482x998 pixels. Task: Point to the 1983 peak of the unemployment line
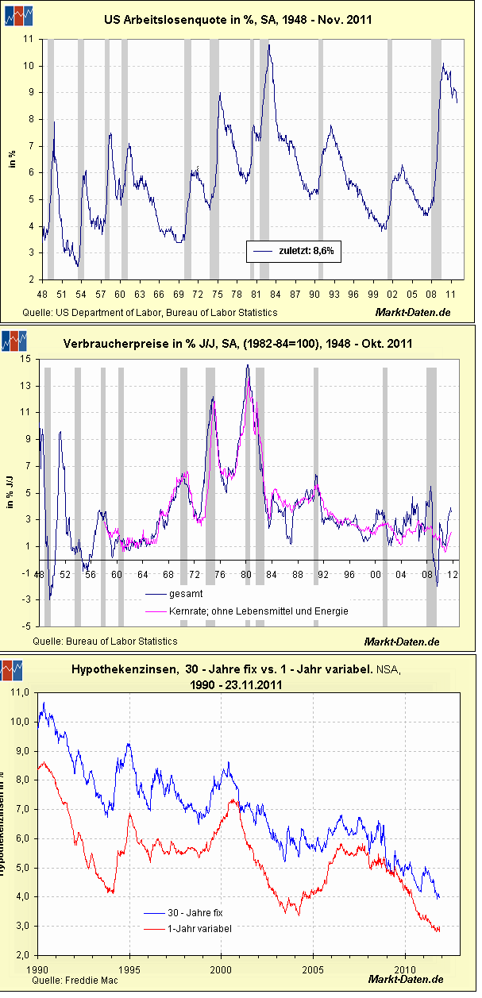coord(269,46)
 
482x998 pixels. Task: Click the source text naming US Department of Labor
coord(150,313)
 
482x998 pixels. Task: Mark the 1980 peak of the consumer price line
coord(247,366)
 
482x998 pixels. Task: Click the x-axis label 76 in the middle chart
coord(220,574)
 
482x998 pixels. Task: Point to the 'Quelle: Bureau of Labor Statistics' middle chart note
coord(105,641)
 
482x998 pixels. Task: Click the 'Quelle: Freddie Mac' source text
coord(75,981)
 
